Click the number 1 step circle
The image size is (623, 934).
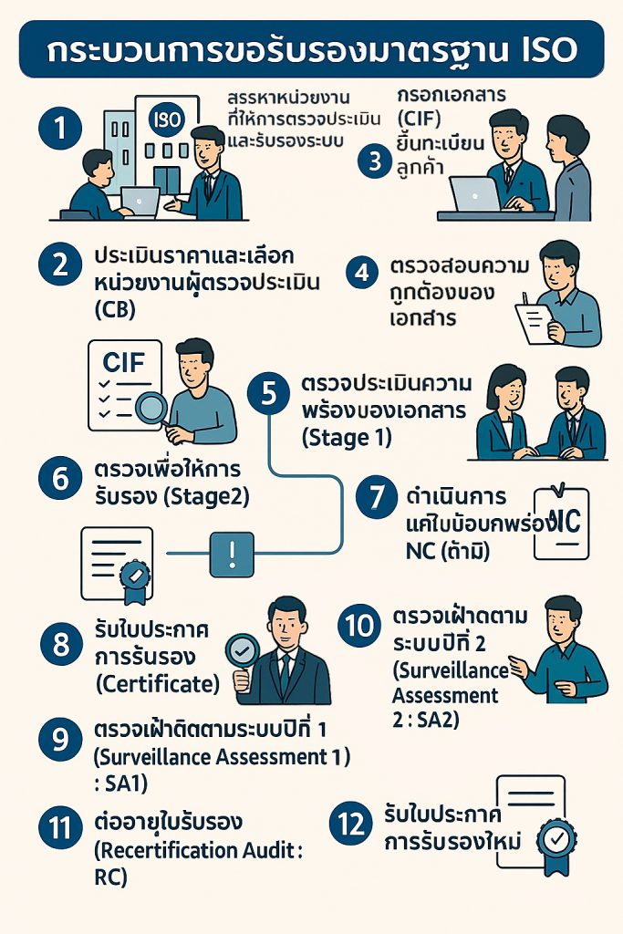(x=61, y=128)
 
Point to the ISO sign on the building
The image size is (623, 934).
(x=164, y=119)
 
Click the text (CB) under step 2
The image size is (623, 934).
(x=114, y=309)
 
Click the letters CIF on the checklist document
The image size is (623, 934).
(x=123, y=362)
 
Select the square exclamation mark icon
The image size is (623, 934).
(x=233, y=553)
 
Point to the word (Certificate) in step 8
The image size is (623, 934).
(x=157, y=682)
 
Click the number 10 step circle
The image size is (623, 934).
(x=360, y=626)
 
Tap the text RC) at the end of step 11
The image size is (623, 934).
(x=110, y=877)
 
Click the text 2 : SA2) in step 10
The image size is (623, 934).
(x=426, y=720)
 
